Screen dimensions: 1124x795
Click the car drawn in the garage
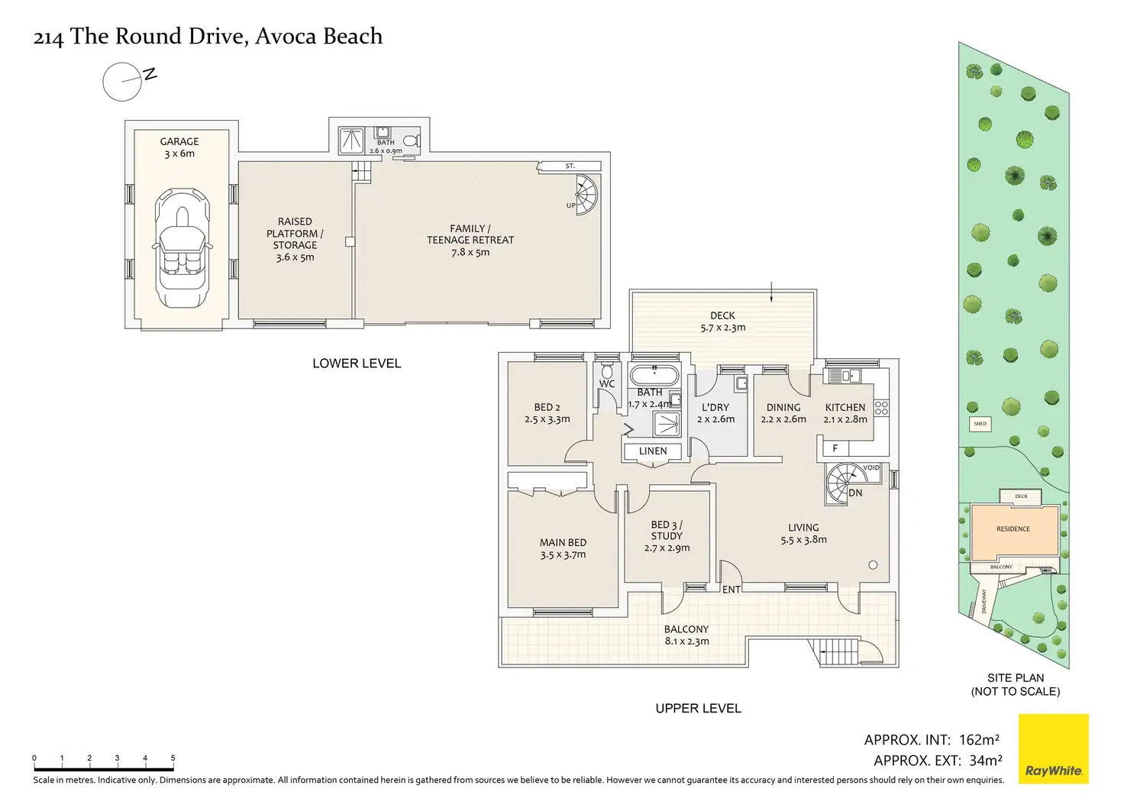coord(182,248)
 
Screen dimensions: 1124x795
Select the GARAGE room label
coord(179,141)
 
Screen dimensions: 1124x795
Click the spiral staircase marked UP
coord(586,195)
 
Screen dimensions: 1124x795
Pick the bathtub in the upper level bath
coord(654,376)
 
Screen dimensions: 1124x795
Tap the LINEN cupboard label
coord(653,451)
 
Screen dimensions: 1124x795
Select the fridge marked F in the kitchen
coord(835,448)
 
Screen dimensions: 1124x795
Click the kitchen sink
coord(845,376)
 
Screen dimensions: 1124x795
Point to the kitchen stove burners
coord(882,408)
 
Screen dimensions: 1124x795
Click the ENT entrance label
coord(731,590)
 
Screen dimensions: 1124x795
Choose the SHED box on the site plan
coord(980,424)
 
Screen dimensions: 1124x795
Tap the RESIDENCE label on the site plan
coord(1013,529)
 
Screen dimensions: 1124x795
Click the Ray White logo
coord(1054,748)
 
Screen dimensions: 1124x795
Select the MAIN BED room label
coord(563,542)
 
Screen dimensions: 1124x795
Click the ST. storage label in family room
coord(570,166)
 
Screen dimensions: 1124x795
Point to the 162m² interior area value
coord(979,739)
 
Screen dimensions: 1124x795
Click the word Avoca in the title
coord(286,36)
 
